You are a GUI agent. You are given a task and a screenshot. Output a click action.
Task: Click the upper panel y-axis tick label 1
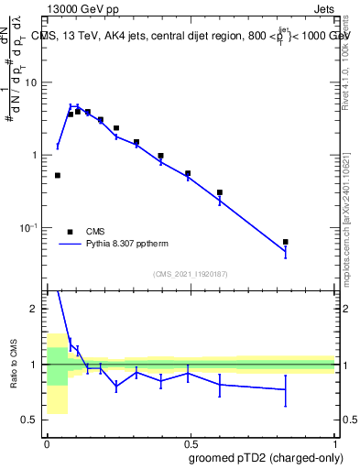pos(35,155)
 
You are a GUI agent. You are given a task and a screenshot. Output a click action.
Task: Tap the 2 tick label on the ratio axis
pos(35,310)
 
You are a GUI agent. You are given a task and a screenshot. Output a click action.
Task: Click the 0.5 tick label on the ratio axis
pos(30,420)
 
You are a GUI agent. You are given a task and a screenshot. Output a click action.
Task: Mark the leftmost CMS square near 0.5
pos(58,175)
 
